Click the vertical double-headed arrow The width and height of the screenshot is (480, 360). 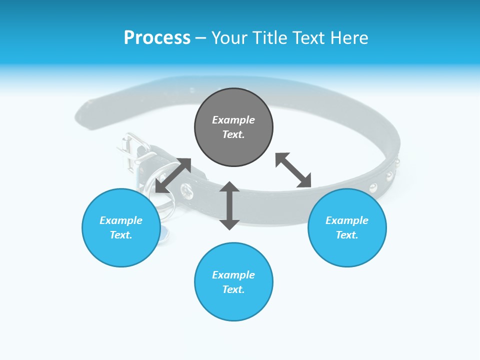[229, 205]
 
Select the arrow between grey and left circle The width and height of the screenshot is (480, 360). [173, 175]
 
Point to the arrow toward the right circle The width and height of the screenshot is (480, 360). [293, 170]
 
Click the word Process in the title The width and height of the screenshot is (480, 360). [157, 38]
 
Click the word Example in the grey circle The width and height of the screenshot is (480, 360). [233, 120]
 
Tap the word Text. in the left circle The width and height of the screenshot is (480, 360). [121, 235]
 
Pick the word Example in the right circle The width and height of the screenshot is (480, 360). [347, 220]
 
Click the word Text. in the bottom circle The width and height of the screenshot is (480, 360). [233, 289]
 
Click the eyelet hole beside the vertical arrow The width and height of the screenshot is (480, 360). [186, 190]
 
